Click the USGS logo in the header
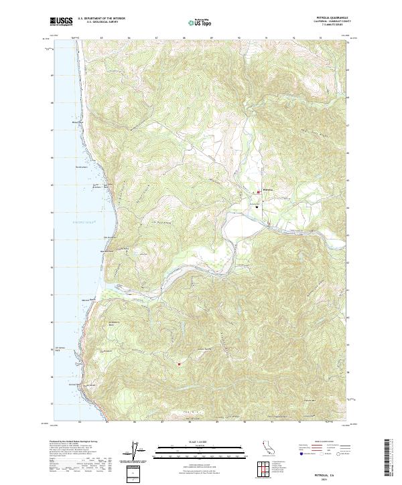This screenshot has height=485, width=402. (62, 21)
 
